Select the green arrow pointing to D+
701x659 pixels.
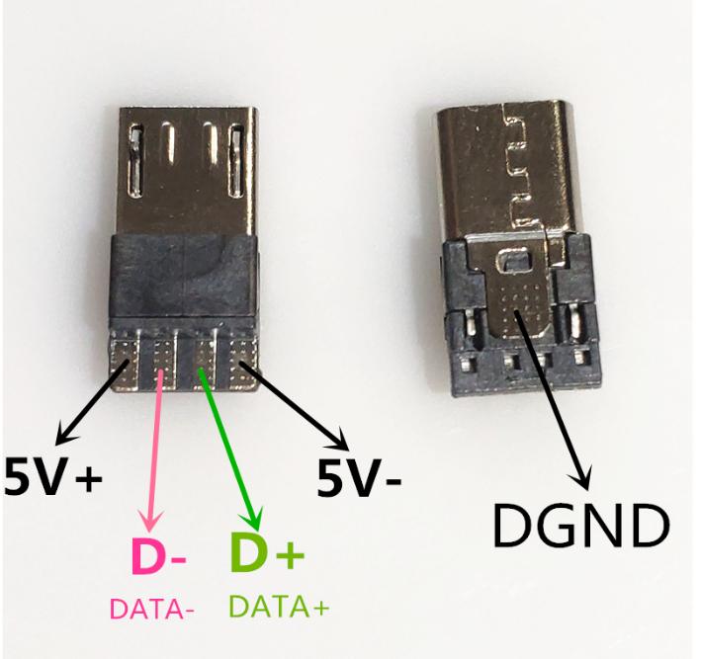[x=232, y=445]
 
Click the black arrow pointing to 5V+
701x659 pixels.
[x=95, y=405]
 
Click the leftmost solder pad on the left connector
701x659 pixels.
[x=126, y=355]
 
